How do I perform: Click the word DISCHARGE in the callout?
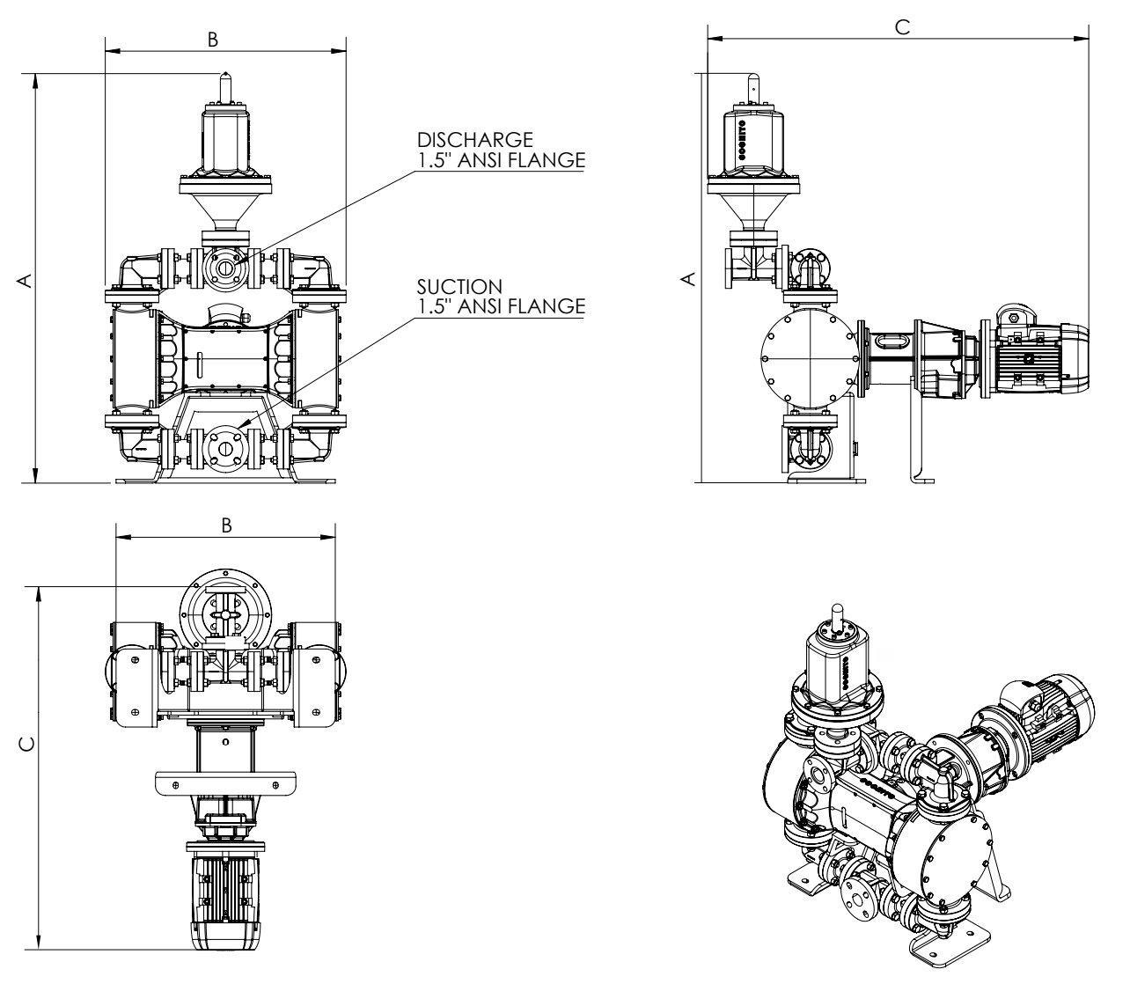[x=475, y=141]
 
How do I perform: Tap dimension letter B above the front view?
[x=212, y=40]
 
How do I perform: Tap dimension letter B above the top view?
[x=225, y=525]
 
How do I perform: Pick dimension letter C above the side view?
[x=900, y=27]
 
